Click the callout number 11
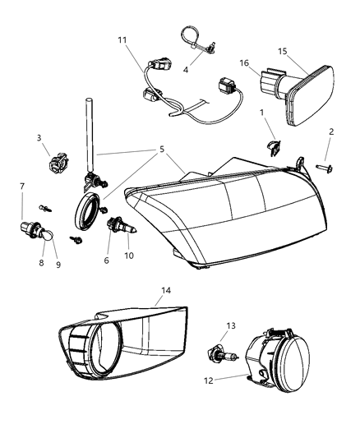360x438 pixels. tap(122, 40)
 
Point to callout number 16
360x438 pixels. tap(244, 62)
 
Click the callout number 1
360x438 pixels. tap(262, 112)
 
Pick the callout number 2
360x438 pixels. tap(331, 131)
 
